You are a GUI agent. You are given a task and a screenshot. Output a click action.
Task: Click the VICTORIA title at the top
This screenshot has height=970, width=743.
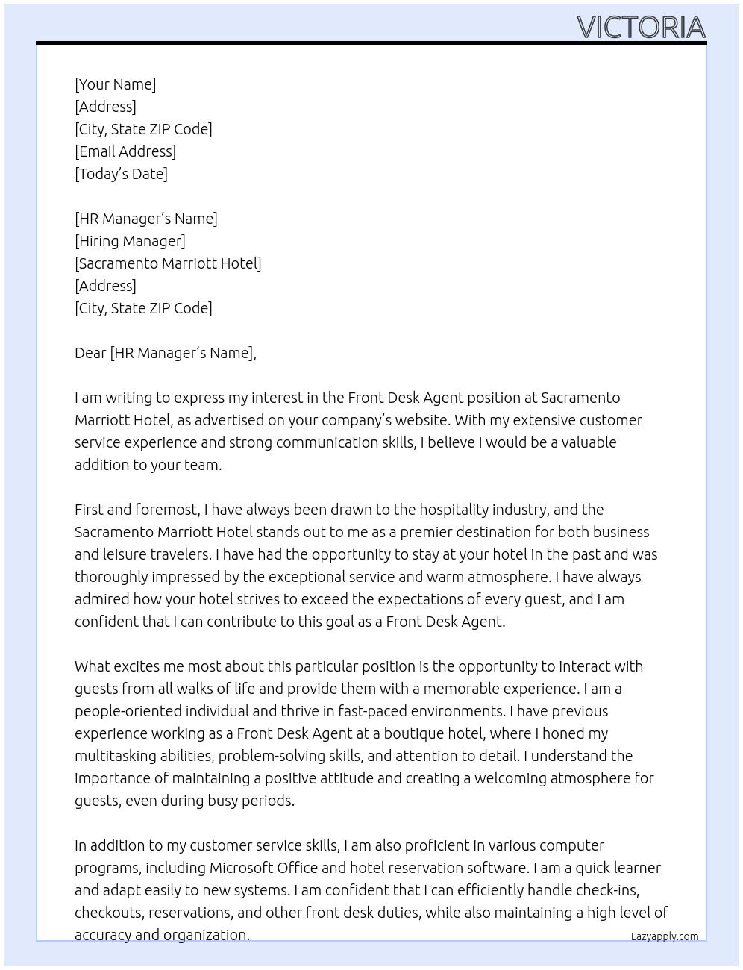click(x=641, y=28)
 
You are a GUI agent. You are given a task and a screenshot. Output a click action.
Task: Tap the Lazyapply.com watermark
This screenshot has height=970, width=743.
click(x=664, y=936)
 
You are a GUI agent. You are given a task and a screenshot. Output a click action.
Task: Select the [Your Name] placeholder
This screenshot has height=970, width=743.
click(x=116, y=84)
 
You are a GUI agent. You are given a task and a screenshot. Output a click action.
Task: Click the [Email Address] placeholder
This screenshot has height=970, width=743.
click(x=125, y=151)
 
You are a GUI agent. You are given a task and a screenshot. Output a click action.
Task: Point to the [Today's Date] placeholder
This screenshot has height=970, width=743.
click(x=121, y=174)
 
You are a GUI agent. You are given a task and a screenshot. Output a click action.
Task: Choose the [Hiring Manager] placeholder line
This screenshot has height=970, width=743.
click(x=130, y=241)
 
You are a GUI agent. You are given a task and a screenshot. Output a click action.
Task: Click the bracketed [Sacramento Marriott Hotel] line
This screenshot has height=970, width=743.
click(x=168, y=263)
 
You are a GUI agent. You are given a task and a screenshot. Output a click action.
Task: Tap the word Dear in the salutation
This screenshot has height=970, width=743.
click(x=90, y=353)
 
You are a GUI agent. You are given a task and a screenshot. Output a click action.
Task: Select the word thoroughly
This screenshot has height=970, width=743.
click(x=111, y=577)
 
